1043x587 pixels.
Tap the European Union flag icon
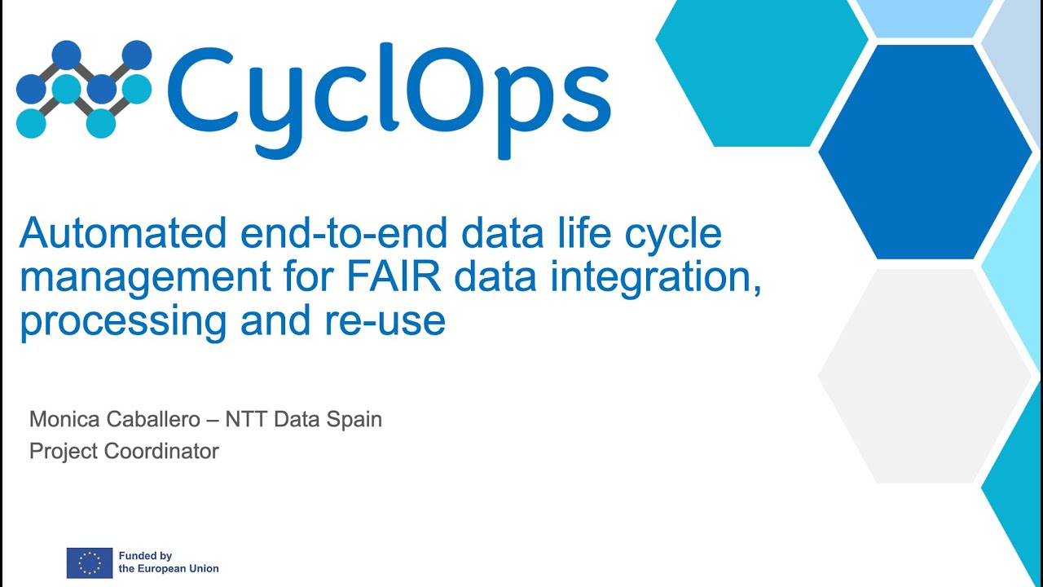coord(90,563)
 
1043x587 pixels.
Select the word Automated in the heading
coord(123,234)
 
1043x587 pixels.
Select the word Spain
coord(354,419)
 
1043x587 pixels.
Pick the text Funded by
coord(146,556)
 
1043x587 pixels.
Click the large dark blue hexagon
coord(925,152)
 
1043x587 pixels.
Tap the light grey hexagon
coord(925,376)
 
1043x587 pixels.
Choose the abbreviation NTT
coord(247,419)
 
